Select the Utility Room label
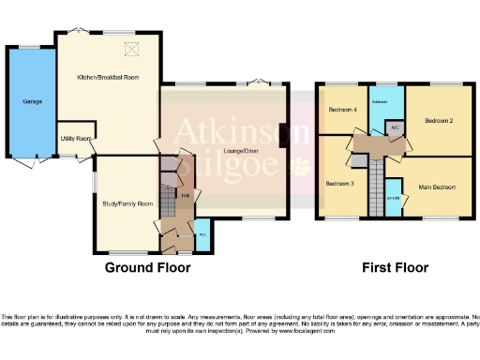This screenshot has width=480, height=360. pos(75,139)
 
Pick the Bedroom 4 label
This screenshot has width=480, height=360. pos(341,111)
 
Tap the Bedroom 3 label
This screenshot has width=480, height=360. pos(339,184)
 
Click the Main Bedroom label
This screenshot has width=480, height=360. pos(437,187)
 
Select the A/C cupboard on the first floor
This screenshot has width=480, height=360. pos(396,127)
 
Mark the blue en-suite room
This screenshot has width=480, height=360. pos(394,199)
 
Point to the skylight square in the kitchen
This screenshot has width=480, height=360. pos(133,49)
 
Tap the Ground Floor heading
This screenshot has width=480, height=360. pos(147,268)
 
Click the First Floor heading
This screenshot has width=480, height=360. pos(396,268)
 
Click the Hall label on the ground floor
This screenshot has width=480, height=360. pos(186,195)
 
